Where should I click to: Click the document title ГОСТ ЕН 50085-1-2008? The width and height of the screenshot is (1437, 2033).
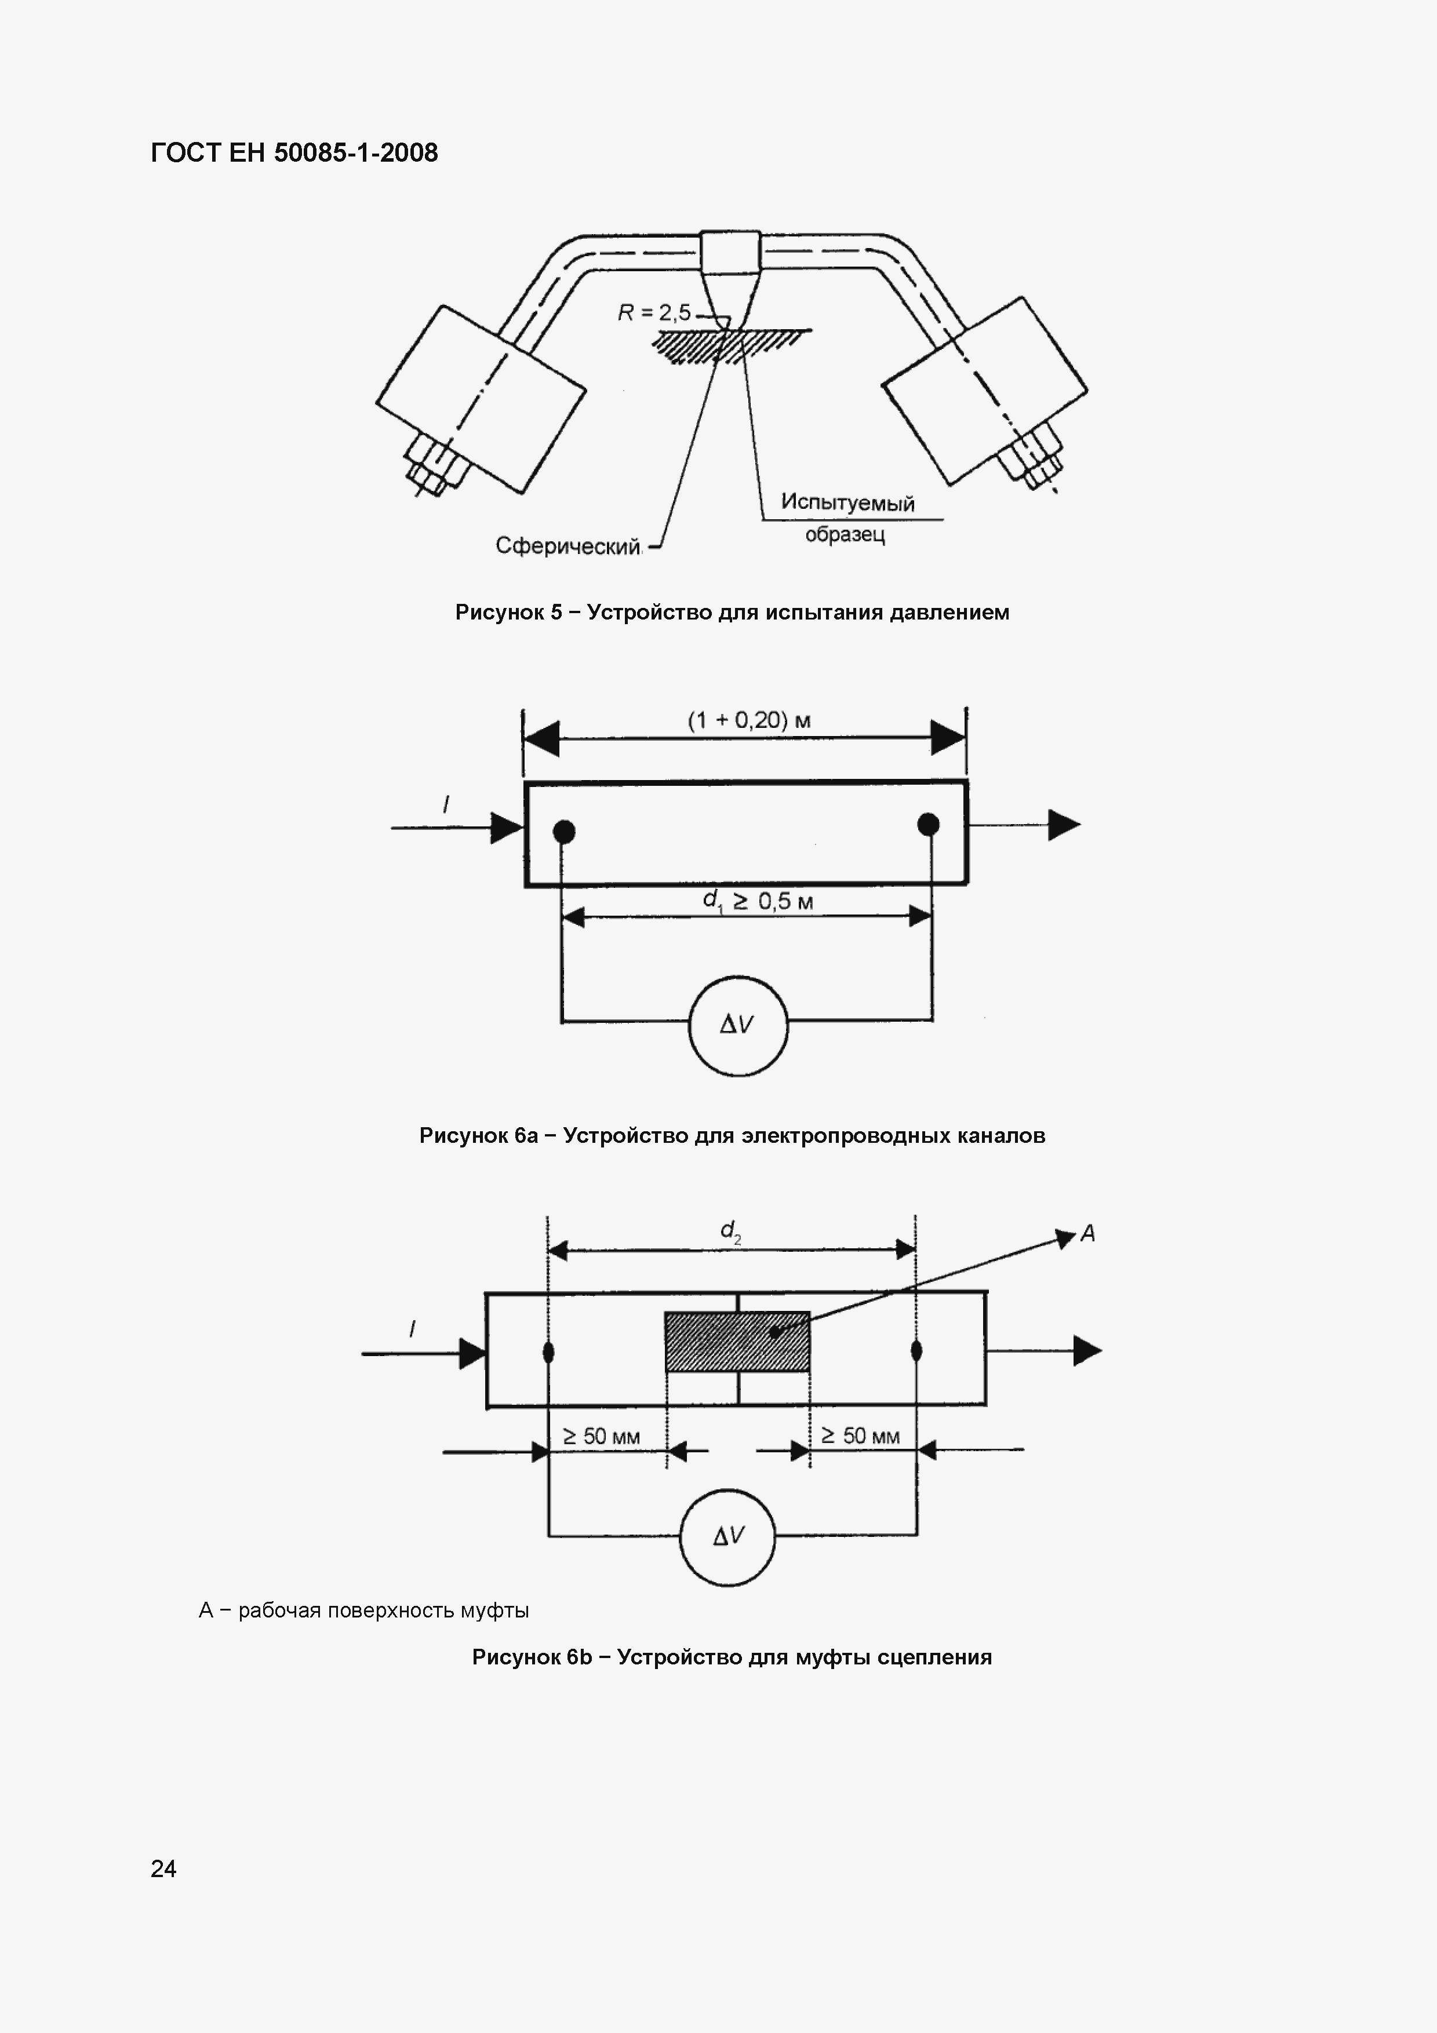point(294,153)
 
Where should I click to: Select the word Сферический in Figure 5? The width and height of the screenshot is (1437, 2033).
point(567,546)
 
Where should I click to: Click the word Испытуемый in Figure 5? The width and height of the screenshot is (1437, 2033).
point(847,503)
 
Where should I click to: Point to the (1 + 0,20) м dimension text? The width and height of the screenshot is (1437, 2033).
point(749,720)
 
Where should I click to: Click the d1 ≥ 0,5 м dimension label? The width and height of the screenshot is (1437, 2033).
point(757,901)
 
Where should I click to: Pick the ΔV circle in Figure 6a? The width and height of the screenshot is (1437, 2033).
point(737,1025)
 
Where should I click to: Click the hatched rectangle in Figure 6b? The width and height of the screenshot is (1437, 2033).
point(737,1342)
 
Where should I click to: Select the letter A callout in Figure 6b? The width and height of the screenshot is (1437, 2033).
point(1088,1233)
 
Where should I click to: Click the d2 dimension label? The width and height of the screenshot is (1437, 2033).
point(730,1231)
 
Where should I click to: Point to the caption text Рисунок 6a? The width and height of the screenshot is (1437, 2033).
point(478,1136)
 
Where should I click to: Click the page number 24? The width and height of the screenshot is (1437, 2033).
point(164,1869)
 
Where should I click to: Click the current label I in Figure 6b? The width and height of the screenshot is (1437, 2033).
point(413,1329)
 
